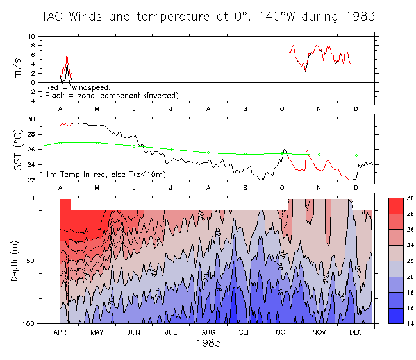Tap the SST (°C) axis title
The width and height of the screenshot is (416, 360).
[19, 150]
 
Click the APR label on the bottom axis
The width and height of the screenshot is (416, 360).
[60, 332]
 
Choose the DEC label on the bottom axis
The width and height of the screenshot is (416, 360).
[356, 332]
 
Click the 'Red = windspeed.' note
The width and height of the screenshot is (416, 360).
[78, 87]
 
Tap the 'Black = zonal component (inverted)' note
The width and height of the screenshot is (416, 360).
[112, 96]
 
